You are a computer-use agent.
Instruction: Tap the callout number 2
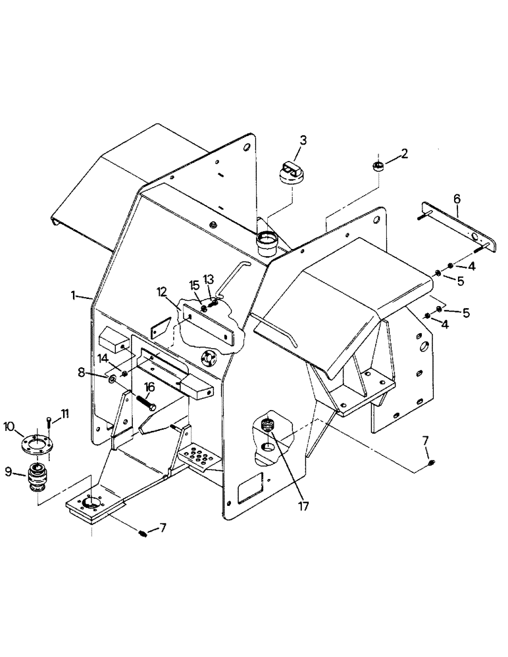click(404, 154)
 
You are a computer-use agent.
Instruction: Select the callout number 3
click(303, 140)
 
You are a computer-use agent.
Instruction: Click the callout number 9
click(10, 470)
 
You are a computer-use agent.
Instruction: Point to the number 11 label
click(64, 413)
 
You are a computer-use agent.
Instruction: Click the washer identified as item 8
click(113, 378)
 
